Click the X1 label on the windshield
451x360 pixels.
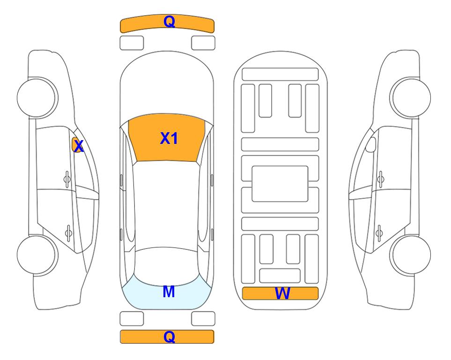(x=169, y=138)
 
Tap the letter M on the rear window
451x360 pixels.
(x=169, y=292)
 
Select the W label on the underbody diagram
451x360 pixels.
(x=282, y=293)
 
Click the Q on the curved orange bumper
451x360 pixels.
(x=169, y=22)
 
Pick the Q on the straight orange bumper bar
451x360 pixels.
(x=169, y=337)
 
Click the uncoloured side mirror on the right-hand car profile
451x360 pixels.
(x=371, y=144)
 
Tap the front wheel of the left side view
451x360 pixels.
(x=37, y=97)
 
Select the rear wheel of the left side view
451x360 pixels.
(x=37, y=255)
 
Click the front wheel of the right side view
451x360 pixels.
(x=410, y=97)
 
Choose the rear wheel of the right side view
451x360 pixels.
(x=410, y=255)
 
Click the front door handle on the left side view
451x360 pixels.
(x=67, y=179)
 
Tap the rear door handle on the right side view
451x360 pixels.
(x=379, y=233)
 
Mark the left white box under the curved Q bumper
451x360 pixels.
(x=132, y=43)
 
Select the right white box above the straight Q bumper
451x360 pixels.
(x=203, y=319)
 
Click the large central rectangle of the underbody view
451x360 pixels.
(x=280, y=184)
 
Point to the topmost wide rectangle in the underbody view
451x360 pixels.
(x=280, y=75)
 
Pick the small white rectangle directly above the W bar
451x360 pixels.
(x=280, y=276)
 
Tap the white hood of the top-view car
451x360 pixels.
(x=167, y=86)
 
